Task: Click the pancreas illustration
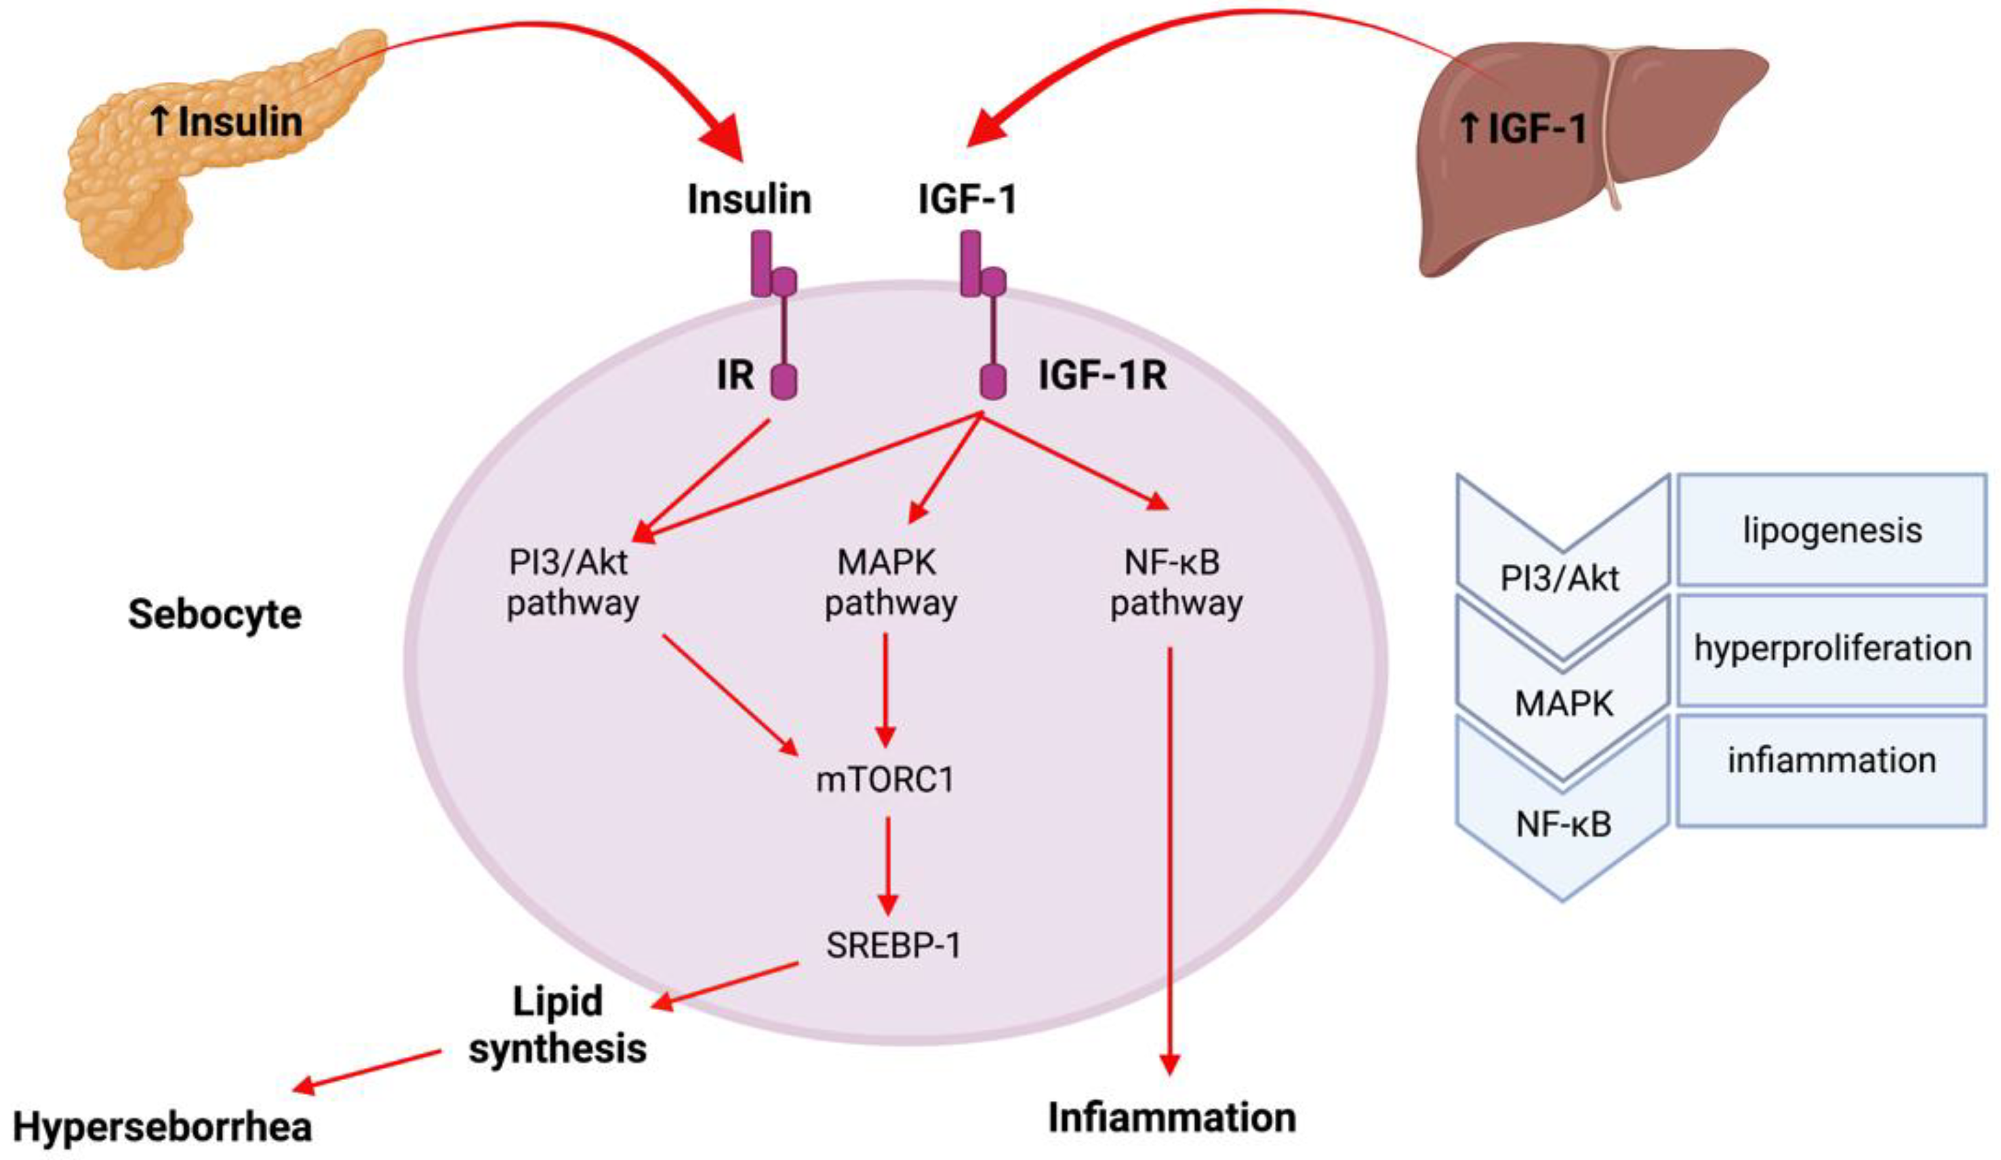(159, 183)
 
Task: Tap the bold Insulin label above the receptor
(749, 199)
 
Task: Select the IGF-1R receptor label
(1102, 375)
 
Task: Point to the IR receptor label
(735, 375)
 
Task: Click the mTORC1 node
(885, 781)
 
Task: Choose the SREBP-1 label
(893, 945)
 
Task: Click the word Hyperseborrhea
(163, 1127)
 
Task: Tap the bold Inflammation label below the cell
(1171, 1118)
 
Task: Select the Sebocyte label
(214, 615)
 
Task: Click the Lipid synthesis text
(557, 1025)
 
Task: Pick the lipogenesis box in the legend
(1832, 530)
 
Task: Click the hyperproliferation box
(1832, 648)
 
